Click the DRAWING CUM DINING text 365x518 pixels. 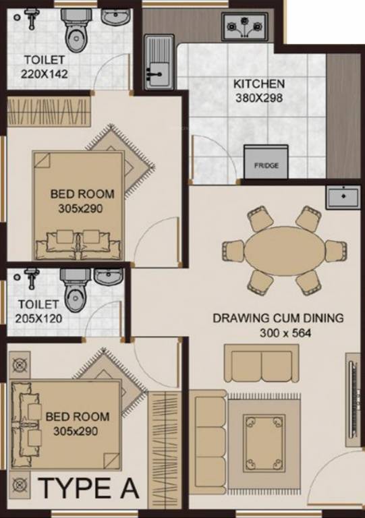[x=278, y=318]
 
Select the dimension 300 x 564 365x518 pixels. [x=278, y=333]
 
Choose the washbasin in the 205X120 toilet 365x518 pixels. [x=109, y=277]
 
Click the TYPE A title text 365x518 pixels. [x=88, y=488]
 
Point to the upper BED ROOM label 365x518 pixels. [x=82, y=194]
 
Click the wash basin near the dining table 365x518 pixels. [x=344, y=197]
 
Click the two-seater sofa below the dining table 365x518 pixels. [x=260, y=364]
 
